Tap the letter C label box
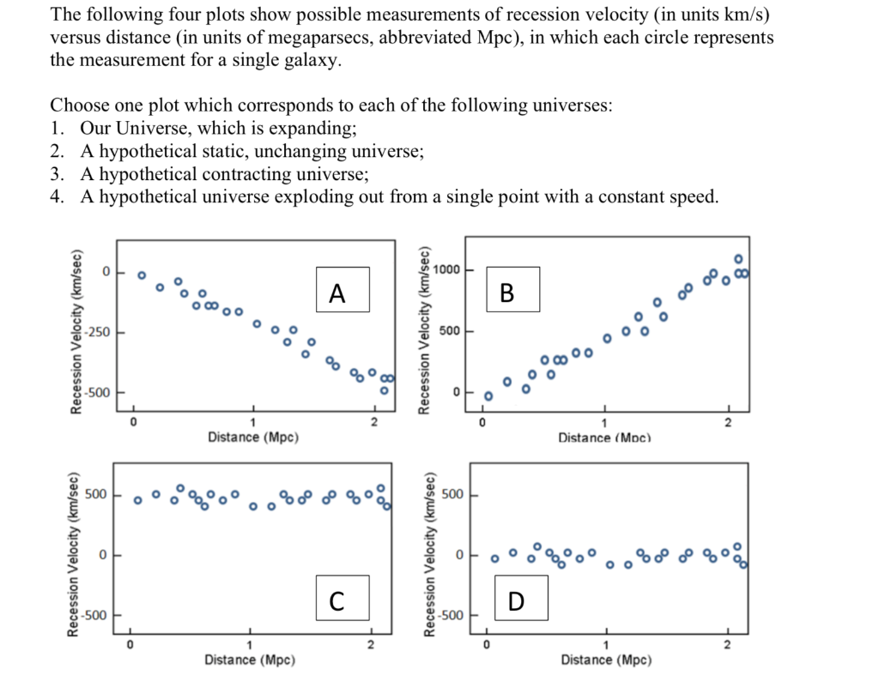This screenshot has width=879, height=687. (342, 598)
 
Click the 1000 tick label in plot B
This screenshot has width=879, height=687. (447, 270)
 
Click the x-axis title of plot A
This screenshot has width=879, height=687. (253, 437)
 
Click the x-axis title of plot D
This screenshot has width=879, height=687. (606, 660)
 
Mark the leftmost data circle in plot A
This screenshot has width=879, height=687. (142, 275)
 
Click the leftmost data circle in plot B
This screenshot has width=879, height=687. (488, 396)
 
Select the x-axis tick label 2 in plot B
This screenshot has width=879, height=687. (728, 423)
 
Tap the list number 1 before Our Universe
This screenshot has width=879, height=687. (57, 129)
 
